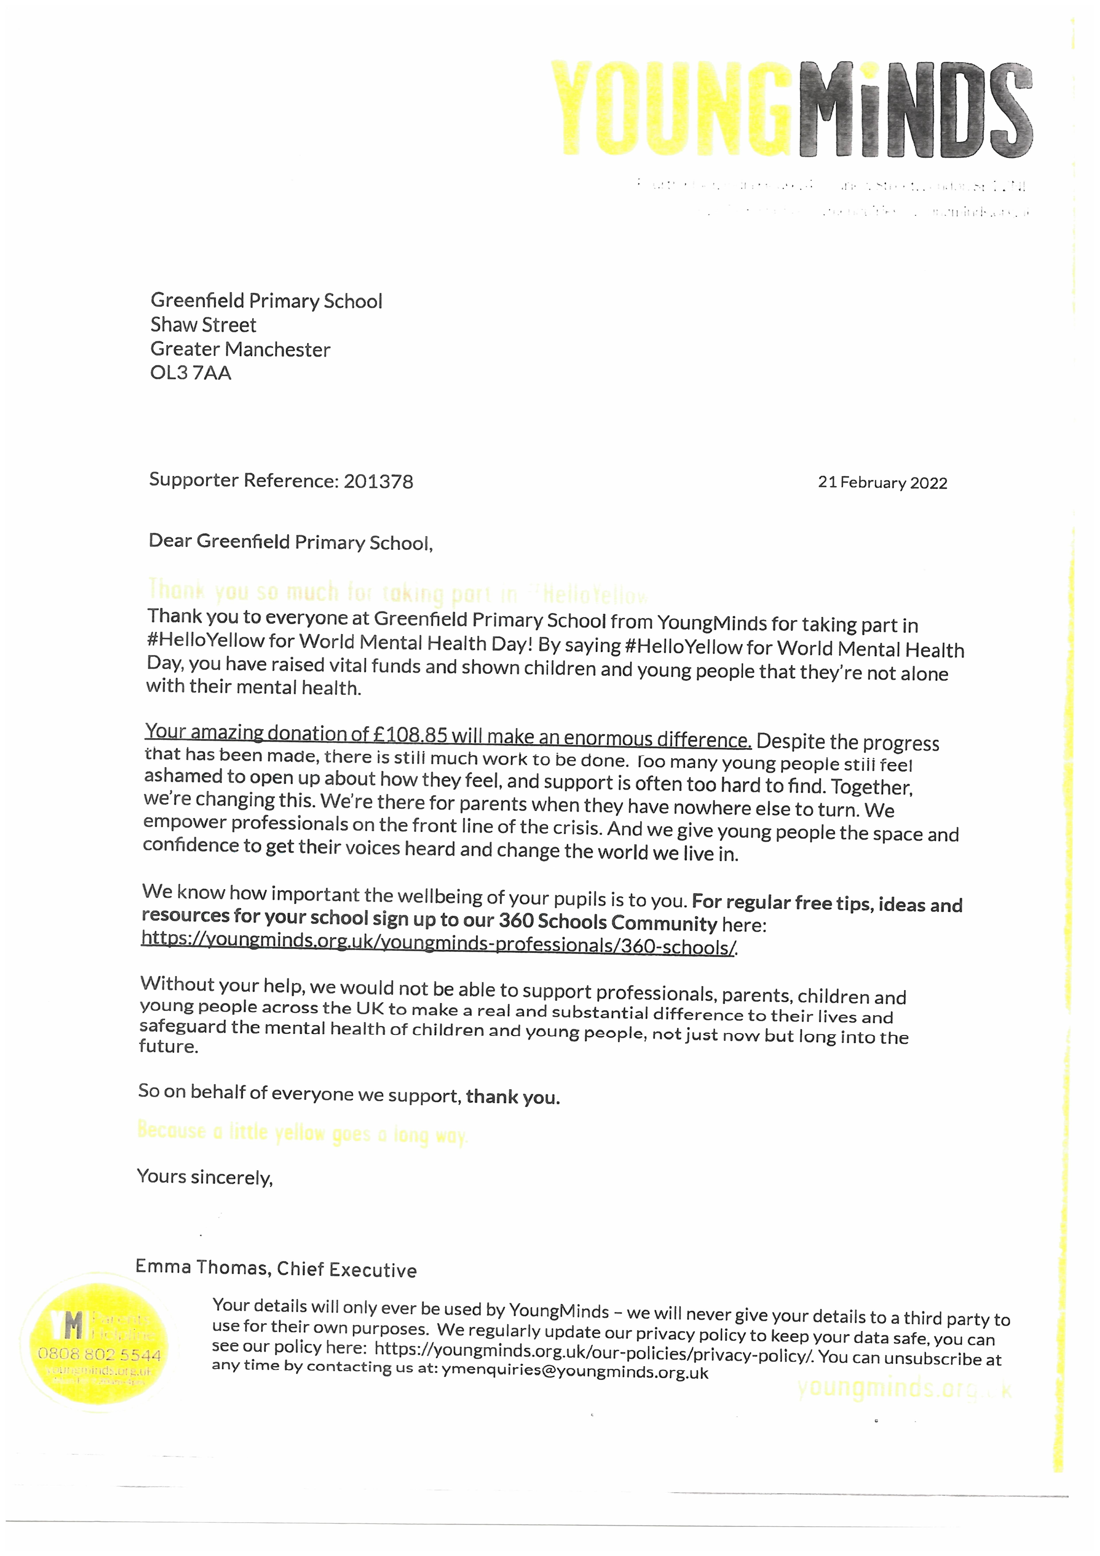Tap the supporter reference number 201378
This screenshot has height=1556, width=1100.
click(378, 481)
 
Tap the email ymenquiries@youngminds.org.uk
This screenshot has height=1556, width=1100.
click(575, 1372)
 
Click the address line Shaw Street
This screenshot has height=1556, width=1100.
click(203, 325)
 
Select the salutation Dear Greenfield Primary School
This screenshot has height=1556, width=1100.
click(290, 542)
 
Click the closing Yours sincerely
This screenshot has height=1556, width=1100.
click(205, 1177)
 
